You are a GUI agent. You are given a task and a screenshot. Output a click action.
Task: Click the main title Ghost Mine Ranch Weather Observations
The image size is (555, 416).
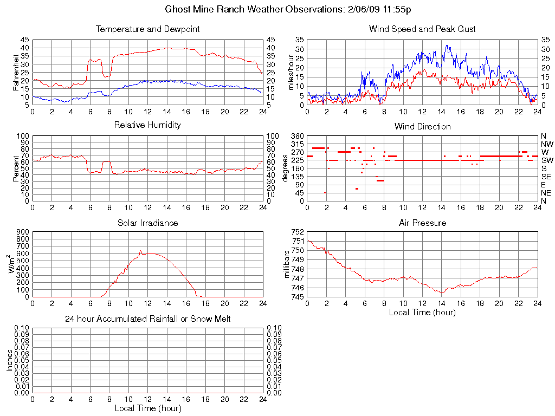(288, 10)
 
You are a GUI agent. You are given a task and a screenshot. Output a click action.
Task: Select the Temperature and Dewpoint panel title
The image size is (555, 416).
(147, 29)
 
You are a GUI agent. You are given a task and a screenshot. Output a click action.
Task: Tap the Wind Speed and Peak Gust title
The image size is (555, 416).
(422, 29)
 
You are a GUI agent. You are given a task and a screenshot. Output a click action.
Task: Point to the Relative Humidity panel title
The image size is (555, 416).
(147, 125)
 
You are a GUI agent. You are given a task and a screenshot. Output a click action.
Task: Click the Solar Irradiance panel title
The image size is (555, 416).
(147, 223)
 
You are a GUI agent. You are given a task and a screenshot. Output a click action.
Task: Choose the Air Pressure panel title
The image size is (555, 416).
(422, 223)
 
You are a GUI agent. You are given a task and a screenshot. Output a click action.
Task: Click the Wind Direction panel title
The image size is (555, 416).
(422, 127)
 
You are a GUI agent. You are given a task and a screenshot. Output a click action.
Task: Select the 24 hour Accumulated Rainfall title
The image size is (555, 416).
(147, 319)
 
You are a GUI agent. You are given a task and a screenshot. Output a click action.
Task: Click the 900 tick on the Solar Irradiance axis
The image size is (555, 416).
(23, 232)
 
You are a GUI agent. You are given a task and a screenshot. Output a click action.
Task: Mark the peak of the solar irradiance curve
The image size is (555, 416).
(140, 251)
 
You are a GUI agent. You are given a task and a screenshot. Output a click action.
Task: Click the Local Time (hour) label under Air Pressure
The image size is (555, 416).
(422, 312)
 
